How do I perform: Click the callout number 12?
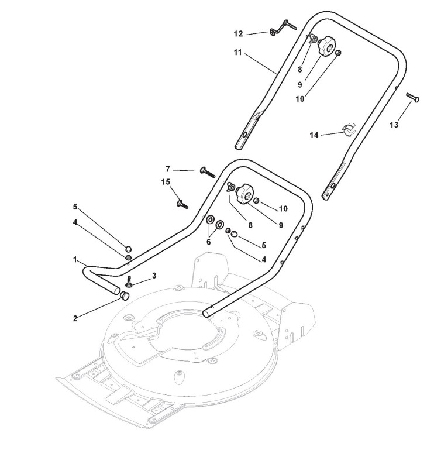click(238, 33)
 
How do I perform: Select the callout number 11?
click(238, 53)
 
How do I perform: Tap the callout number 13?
click(394, 125)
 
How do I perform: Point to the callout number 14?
click(314, 135)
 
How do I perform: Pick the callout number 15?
click(166, 182)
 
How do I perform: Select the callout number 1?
click(75, 259)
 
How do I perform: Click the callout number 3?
click(154, 274)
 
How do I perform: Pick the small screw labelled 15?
click(180, 204)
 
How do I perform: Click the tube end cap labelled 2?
click(124, 295)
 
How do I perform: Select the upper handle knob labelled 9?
click(326, 45)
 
